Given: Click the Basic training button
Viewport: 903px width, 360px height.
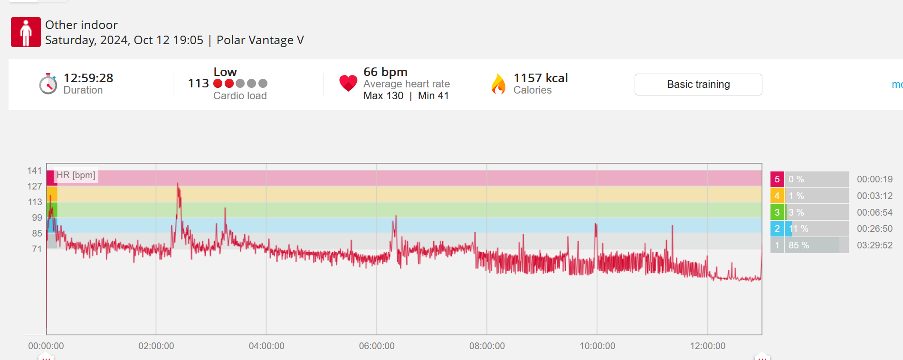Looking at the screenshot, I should [698, 85].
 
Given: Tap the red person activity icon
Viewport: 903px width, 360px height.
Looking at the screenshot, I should [26, 32].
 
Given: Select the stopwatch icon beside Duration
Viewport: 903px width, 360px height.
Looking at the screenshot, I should [48, 84].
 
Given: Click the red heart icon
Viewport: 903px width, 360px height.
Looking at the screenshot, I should [348, 83].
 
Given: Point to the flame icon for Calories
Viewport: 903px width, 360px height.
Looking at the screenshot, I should [498, 84].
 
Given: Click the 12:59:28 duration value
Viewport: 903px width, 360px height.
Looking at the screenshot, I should [88, 78].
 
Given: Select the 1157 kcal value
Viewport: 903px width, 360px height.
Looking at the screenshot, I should [541, 78].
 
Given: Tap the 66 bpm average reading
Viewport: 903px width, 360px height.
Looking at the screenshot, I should [385, 72].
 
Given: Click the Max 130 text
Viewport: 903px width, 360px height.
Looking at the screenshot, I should [383, 96].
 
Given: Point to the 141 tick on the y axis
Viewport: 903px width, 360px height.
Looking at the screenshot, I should [35, 171].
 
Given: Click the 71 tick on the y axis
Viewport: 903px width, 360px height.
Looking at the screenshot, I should [37, 249].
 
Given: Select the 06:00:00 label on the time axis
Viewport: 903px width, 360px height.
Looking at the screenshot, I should [377, 346].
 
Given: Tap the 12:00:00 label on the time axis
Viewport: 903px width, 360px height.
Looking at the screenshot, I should [707, 346].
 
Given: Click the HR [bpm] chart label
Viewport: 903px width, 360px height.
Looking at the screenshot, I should [76, 175].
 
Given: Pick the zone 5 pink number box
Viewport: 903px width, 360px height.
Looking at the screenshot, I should [777, 180].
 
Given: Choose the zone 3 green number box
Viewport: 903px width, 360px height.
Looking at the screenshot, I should [777, 212].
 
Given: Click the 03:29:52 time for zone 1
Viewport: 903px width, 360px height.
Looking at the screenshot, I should [874, 246].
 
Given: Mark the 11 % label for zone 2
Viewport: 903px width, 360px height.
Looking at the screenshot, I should [798, 229].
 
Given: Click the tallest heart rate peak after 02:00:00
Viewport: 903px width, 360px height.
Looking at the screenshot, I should [178, 184].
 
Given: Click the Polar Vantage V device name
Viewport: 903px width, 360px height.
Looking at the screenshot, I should [260, 40].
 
